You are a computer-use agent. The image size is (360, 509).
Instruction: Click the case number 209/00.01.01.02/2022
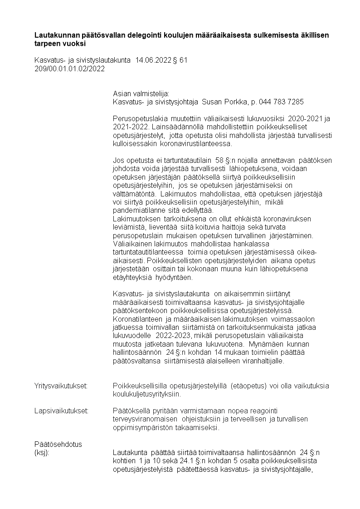click(x=69, y=69)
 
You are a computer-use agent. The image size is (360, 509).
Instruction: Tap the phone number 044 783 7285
click(x=281, y=102)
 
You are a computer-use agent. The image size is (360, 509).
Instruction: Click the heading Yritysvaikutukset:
click(x=61, y=386)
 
